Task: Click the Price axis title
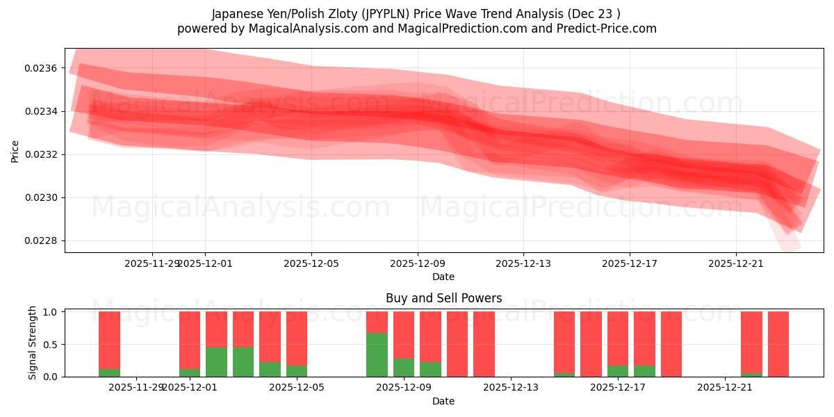click(x=15, y=151)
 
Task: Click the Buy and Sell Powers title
click(x=443, y=298)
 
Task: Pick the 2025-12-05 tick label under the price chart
click(x=311, y=263)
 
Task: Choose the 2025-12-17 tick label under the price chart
click(x=629, y=263)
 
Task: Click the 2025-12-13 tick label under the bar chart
click(x=511, y=387)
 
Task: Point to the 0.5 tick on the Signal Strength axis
click(x=52, y=345)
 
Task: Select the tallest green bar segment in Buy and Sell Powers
click(x=377, y=354)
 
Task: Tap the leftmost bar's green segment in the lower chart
click(x=109, y=373)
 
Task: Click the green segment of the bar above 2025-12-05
click(x=297, y=371)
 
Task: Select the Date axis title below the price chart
click(x=443, y=277)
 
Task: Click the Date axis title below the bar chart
click(x=443, y=401)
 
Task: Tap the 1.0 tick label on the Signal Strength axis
click(x=52, y=312)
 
